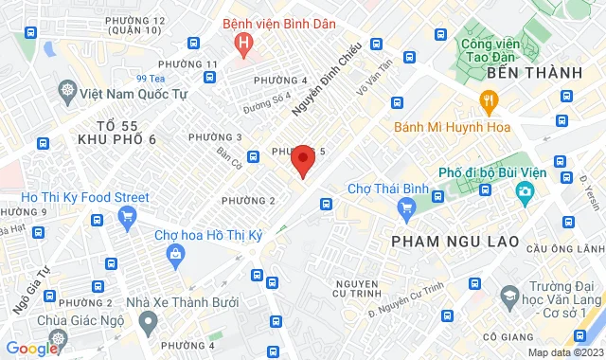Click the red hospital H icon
pyautogui.click(x=245, y=42)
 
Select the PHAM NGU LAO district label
pyautogui.click(x=455, y=242)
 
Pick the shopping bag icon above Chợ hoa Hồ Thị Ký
pyautogui.click(x=176, y=253)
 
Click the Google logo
pyautogui.click(x=31, y=349)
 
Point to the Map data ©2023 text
pyautogui.click(x=563, y=353)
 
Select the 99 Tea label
pyautogui.click(x=151, y=79)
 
